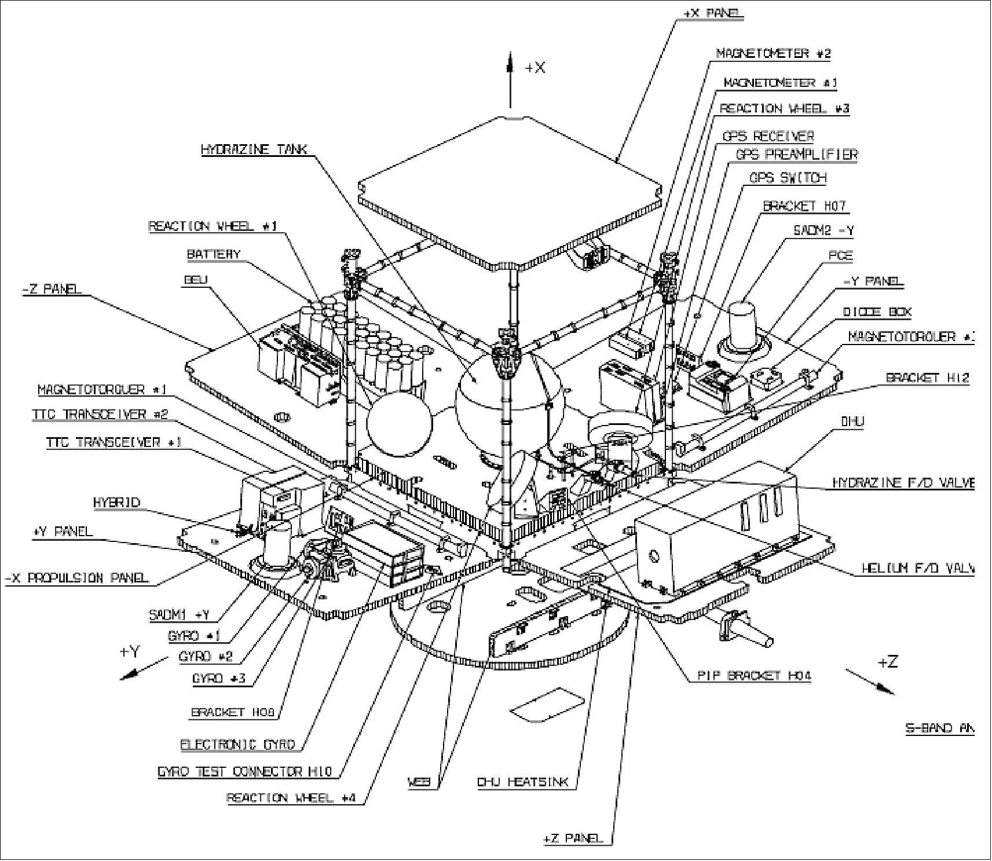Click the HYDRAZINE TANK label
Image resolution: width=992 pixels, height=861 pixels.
254,149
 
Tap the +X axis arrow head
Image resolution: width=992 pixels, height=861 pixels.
510,61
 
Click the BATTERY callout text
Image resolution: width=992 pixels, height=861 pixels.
213,254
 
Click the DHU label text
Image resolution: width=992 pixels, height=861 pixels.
852,421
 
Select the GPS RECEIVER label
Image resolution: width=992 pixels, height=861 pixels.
768,136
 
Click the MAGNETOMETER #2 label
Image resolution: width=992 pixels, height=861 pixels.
773,53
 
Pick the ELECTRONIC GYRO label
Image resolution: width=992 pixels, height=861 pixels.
238,744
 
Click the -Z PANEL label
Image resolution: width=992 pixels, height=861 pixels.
52,288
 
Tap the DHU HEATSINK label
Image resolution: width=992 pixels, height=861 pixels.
523,782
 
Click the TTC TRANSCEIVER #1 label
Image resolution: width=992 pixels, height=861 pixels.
114,442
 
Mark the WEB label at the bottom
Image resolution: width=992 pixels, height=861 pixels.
420,782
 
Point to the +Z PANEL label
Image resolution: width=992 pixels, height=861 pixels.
573,838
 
